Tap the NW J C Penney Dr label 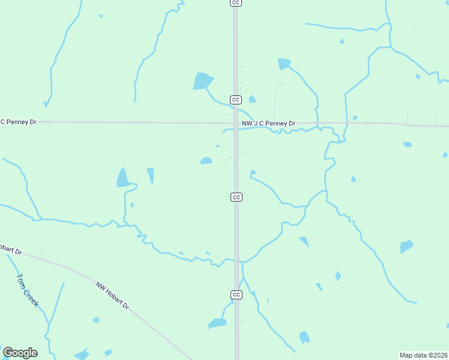(268, 124)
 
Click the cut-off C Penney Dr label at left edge (18, 122)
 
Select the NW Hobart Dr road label (112, 296)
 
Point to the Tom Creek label (27, 290)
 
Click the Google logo (20, 353)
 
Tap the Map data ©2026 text (423, 355)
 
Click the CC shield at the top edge (236, 2)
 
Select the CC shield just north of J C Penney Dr (236, 100)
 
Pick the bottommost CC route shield (237, 295)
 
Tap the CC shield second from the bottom (237, 197)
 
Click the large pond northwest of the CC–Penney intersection (202, 81)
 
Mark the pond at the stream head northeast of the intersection (283, 63)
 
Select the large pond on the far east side (406, 247)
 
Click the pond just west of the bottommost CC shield (217, 323)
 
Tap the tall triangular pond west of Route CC (123, 178)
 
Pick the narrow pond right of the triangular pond (151, 175)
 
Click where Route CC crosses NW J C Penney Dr (236, 123)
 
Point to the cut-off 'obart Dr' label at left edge (10, 250)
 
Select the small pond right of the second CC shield (252, 99)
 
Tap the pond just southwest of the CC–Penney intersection (206, 161)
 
